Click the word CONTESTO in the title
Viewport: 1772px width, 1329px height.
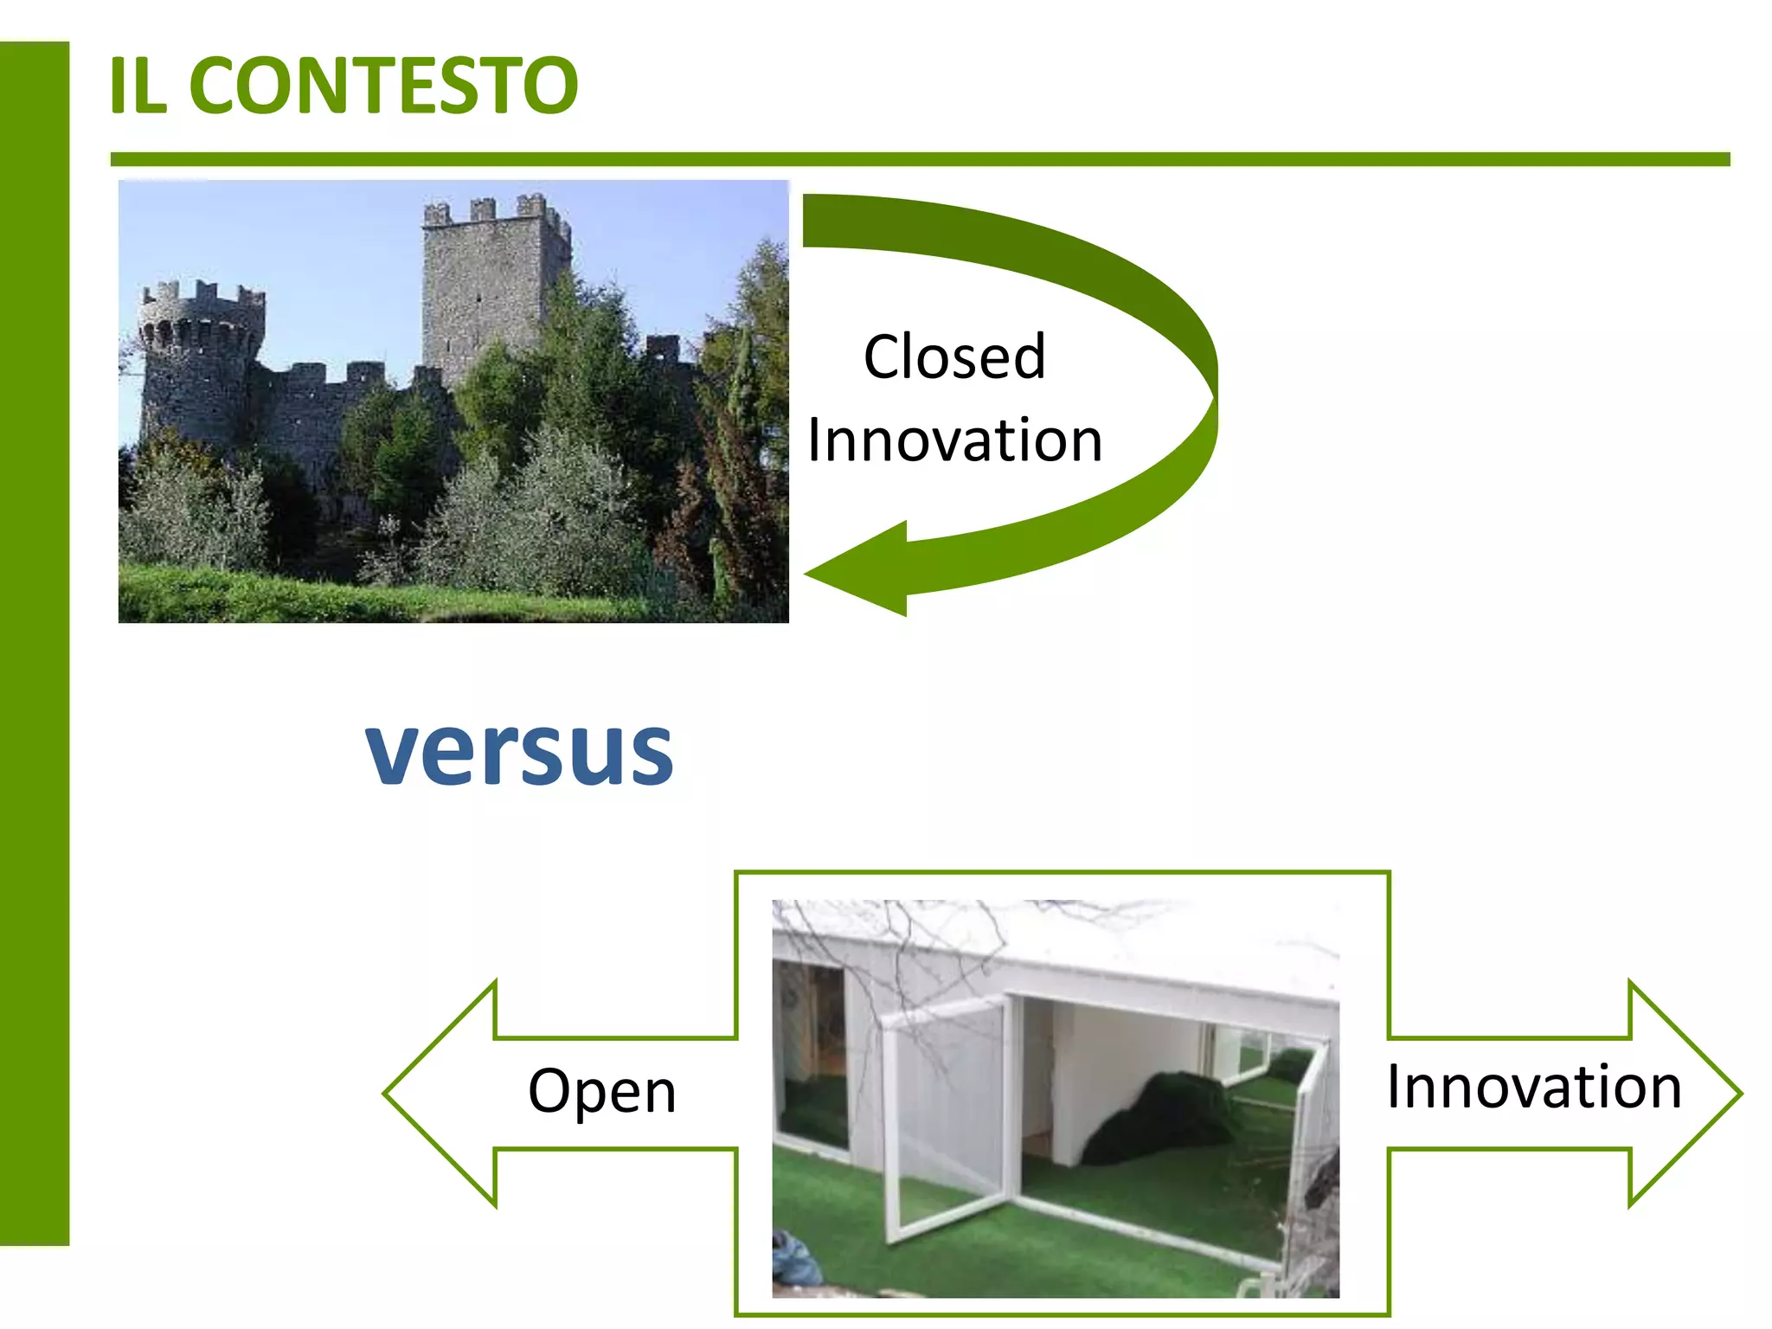pos(383,85)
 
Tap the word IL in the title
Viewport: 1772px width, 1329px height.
pos(138,85)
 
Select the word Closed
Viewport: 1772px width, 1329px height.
pos(954,356)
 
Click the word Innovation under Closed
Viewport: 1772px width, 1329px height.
pos(954,440)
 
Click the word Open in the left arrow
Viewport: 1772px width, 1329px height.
pos(602,1090)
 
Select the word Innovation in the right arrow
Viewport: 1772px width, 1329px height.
pos(1534,1086)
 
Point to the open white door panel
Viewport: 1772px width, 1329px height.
pos(947,1116)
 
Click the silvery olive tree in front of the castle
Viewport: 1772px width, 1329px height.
pos(554,510)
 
